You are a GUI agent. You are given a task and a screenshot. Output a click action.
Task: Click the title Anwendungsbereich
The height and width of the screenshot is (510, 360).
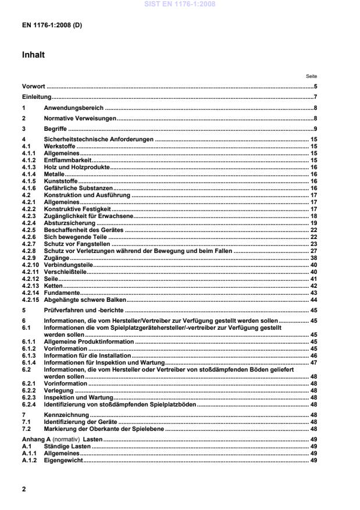coord(74,108)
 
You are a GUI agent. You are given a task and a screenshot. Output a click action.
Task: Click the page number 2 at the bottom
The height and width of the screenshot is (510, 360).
coord(24,489)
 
